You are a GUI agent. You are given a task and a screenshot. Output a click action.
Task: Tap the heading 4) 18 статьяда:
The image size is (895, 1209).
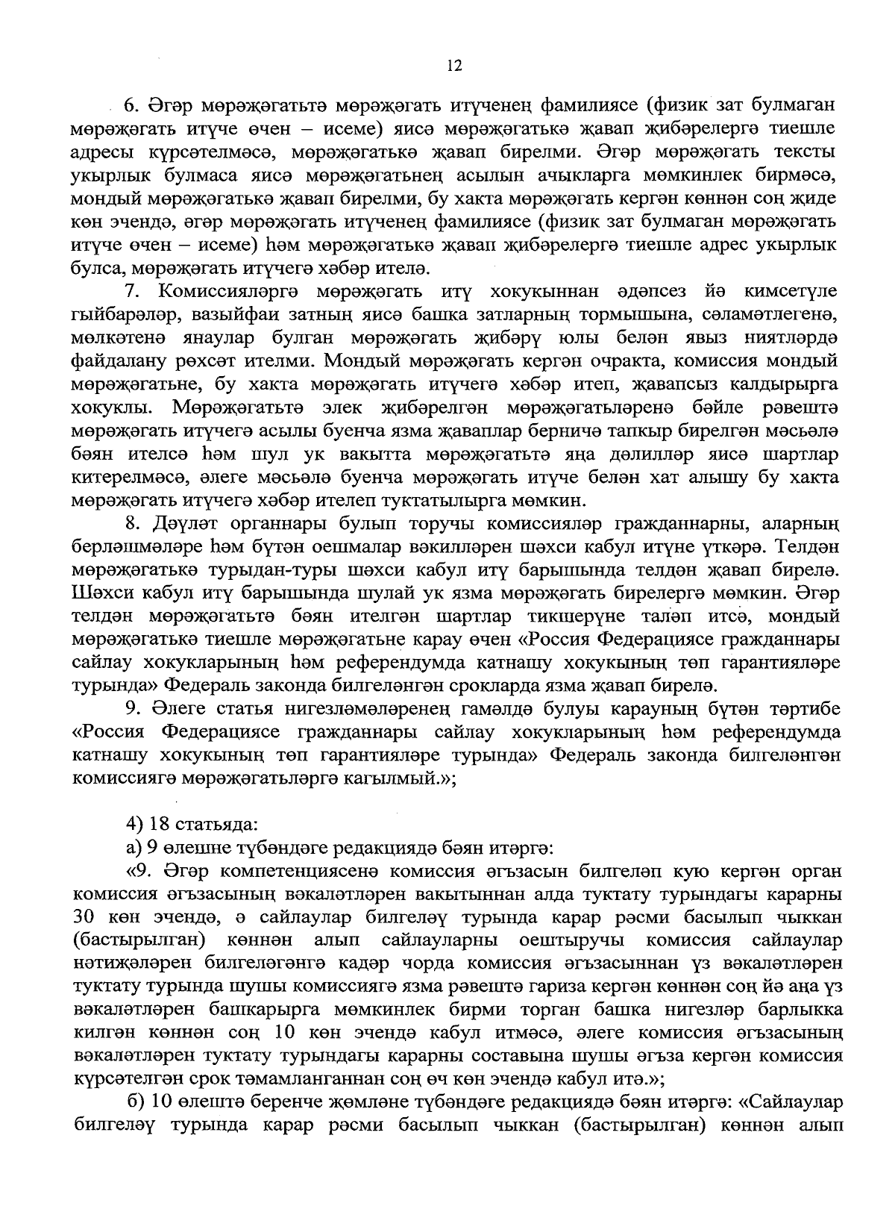tap(192, 825)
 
